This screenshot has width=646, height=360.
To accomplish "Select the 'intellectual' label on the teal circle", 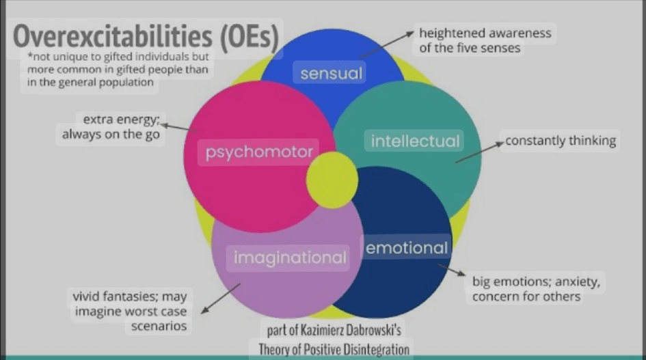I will point(416,141).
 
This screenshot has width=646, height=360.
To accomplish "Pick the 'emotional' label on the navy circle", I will point(407,248).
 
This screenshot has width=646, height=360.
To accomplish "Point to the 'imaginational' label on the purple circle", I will point(290,258).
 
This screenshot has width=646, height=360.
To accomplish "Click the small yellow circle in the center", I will point(332,180).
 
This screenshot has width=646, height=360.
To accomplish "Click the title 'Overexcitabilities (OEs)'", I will point(146,38).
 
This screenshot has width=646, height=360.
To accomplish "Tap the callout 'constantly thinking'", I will point(561,141).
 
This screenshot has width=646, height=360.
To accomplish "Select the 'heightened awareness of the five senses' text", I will point(485,40).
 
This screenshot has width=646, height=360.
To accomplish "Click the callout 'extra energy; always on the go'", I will point(111,127).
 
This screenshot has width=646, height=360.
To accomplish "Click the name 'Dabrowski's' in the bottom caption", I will point(374,330).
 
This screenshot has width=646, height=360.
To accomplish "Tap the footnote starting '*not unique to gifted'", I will point(118,69).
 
